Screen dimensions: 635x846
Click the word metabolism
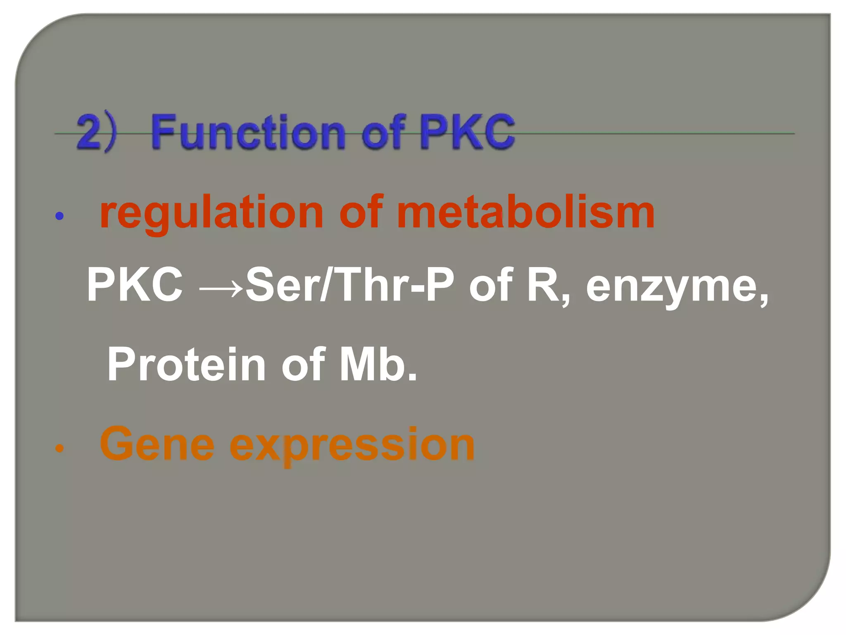pyautogui.click(x=525, y=212)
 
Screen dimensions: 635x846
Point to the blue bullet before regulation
pyautogui.click(x=59, y=216)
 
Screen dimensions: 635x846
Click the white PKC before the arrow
pyautogui.click(x=135, y=285)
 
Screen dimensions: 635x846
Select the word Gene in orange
pyautogui.click(x=157, y=444)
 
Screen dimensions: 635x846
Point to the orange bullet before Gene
pyautogui.click(x=59, y=448)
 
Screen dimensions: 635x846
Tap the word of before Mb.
pyautogui.click(x=302, y=365)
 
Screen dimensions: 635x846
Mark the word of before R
pyautogui.click(x=490, y=285)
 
